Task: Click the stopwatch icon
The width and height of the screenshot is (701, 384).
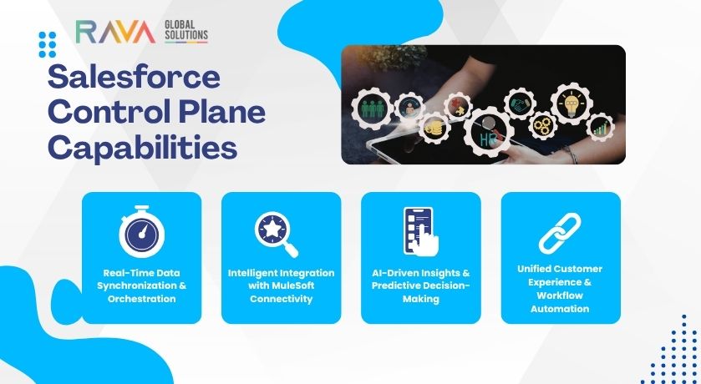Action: pyautogui.click(x=142, y=233)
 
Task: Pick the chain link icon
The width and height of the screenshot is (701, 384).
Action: pyautogui.click(x=560, y=233)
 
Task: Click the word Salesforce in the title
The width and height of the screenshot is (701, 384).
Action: pyautogui.click(x=133, y=78)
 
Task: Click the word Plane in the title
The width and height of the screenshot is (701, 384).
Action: pyautogui.click(x=221, y=113)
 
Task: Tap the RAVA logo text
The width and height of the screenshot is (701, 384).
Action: pyautogui.click(x=114, y=33)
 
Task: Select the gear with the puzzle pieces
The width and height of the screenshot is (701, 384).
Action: pyautogui.click(x=459, y=106)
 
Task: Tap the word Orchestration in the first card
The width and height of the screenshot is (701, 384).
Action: pyautogui.click(x=141, y=298)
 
